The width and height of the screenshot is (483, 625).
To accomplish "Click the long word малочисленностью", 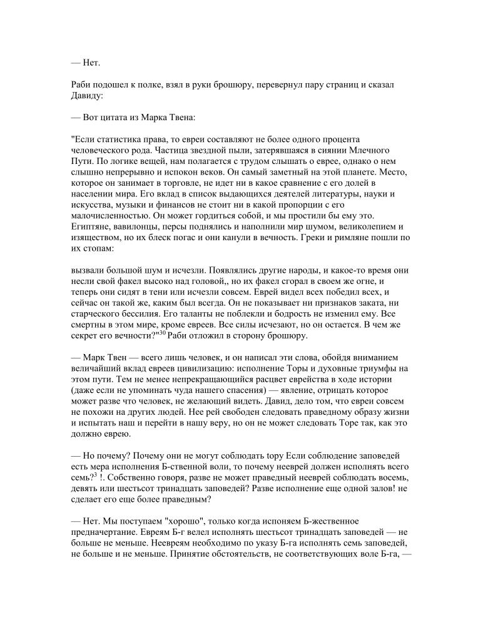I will pos(113,215).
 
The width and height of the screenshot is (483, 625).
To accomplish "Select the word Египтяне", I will pos(92,226).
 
